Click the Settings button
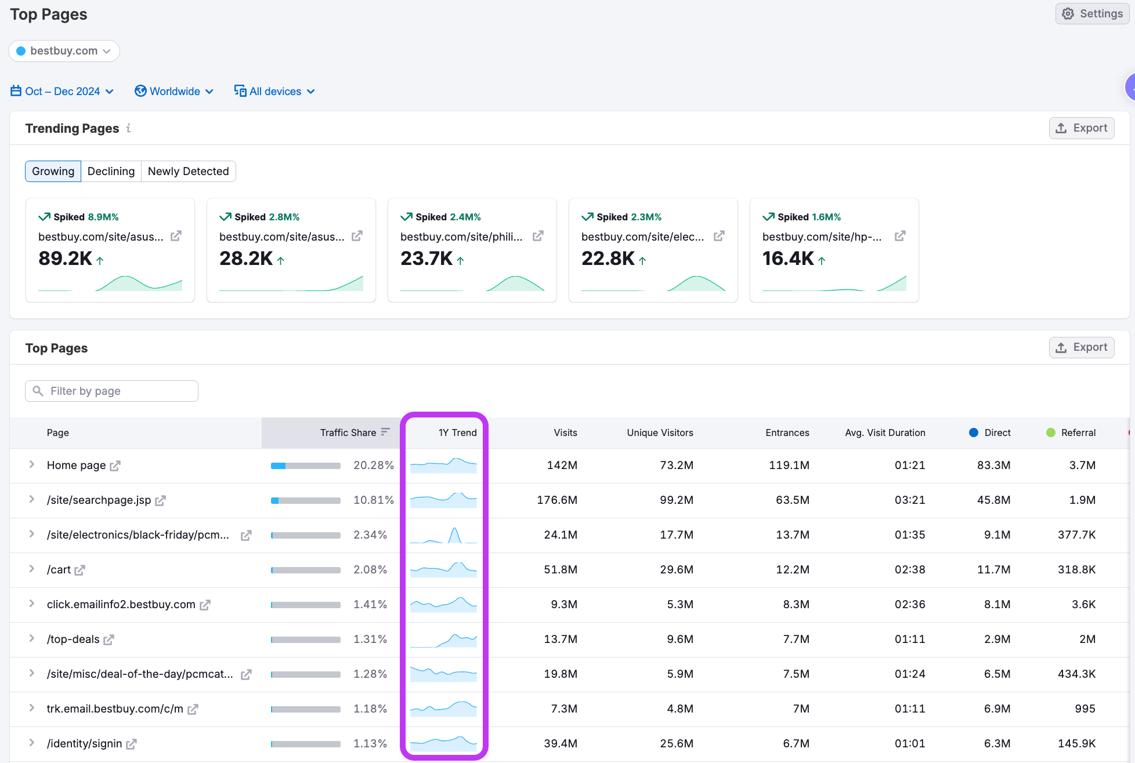[x=1092, y=13]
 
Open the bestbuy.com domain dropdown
[x=64, y=51]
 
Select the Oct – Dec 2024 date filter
[x=62, y=91]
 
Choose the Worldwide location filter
[x=174, y=91]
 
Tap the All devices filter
[x=274, y=91]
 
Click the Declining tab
[x=111, y=171]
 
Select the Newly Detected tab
[x=188, y=171]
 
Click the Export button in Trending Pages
[x=1081, y=128]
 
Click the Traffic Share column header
[x=348, y=433]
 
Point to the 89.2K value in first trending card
[x=65, y=259]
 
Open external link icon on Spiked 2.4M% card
[x=538, y=236]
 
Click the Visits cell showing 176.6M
[x=556, y=500]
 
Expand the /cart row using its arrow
[x=32, y=569]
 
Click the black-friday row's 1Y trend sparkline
[x=443, y=535]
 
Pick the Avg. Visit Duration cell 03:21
[x=909, y=500]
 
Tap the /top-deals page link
[x=73, y=639]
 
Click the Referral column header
[x=1078, y=433]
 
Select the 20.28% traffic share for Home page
[x=373, y=465]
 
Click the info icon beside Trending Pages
[x=129, y=128]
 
